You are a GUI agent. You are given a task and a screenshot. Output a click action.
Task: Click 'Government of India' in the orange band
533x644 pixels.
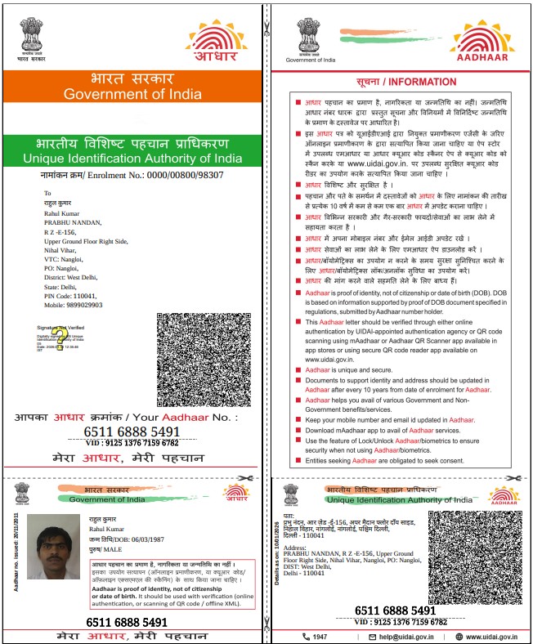[x=132, y=94]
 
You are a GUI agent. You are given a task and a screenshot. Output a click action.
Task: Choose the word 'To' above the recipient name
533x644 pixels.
[x=47, y=194]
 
